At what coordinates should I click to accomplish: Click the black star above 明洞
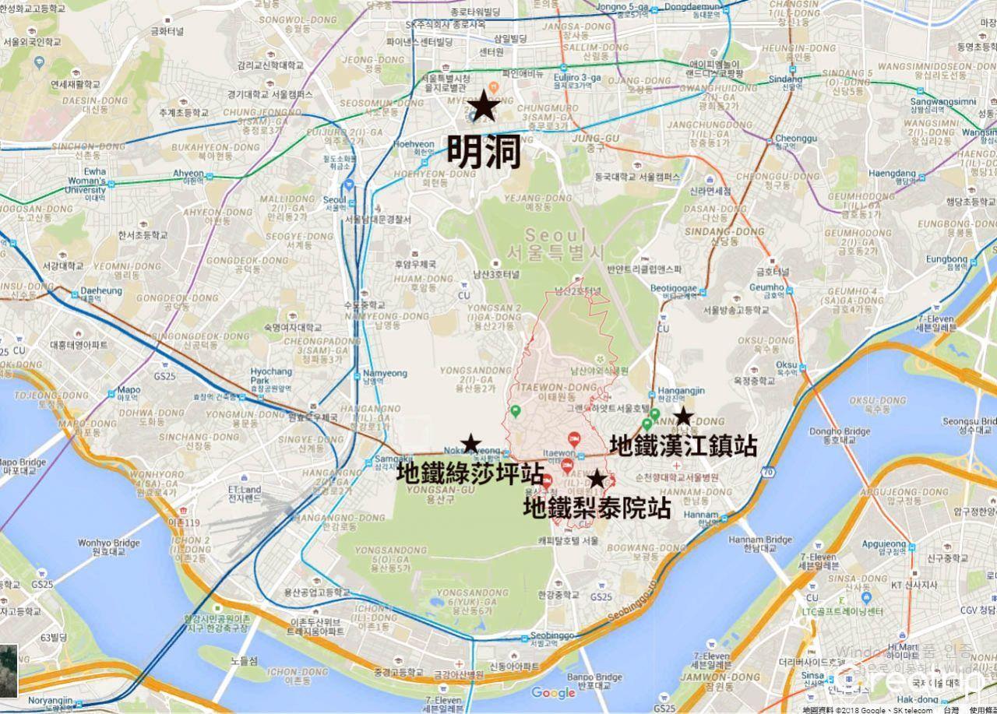click(484, 106)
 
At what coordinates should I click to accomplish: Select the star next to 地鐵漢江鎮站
click(683, 416)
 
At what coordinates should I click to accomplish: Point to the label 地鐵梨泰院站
click(597, 508)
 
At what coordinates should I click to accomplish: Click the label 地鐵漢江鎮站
click(683, 445)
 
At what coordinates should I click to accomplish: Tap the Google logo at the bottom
click(553, 692)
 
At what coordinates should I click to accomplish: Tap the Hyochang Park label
click(271, 376)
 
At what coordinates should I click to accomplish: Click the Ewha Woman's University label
click(86, 181)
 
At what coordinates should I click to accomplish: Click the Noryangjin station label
click(50, 701)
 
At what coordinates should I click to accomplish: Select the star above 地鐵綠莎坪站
click(470, 444)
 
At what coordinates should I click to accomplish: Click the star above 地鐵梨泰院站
click(597, 479)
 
